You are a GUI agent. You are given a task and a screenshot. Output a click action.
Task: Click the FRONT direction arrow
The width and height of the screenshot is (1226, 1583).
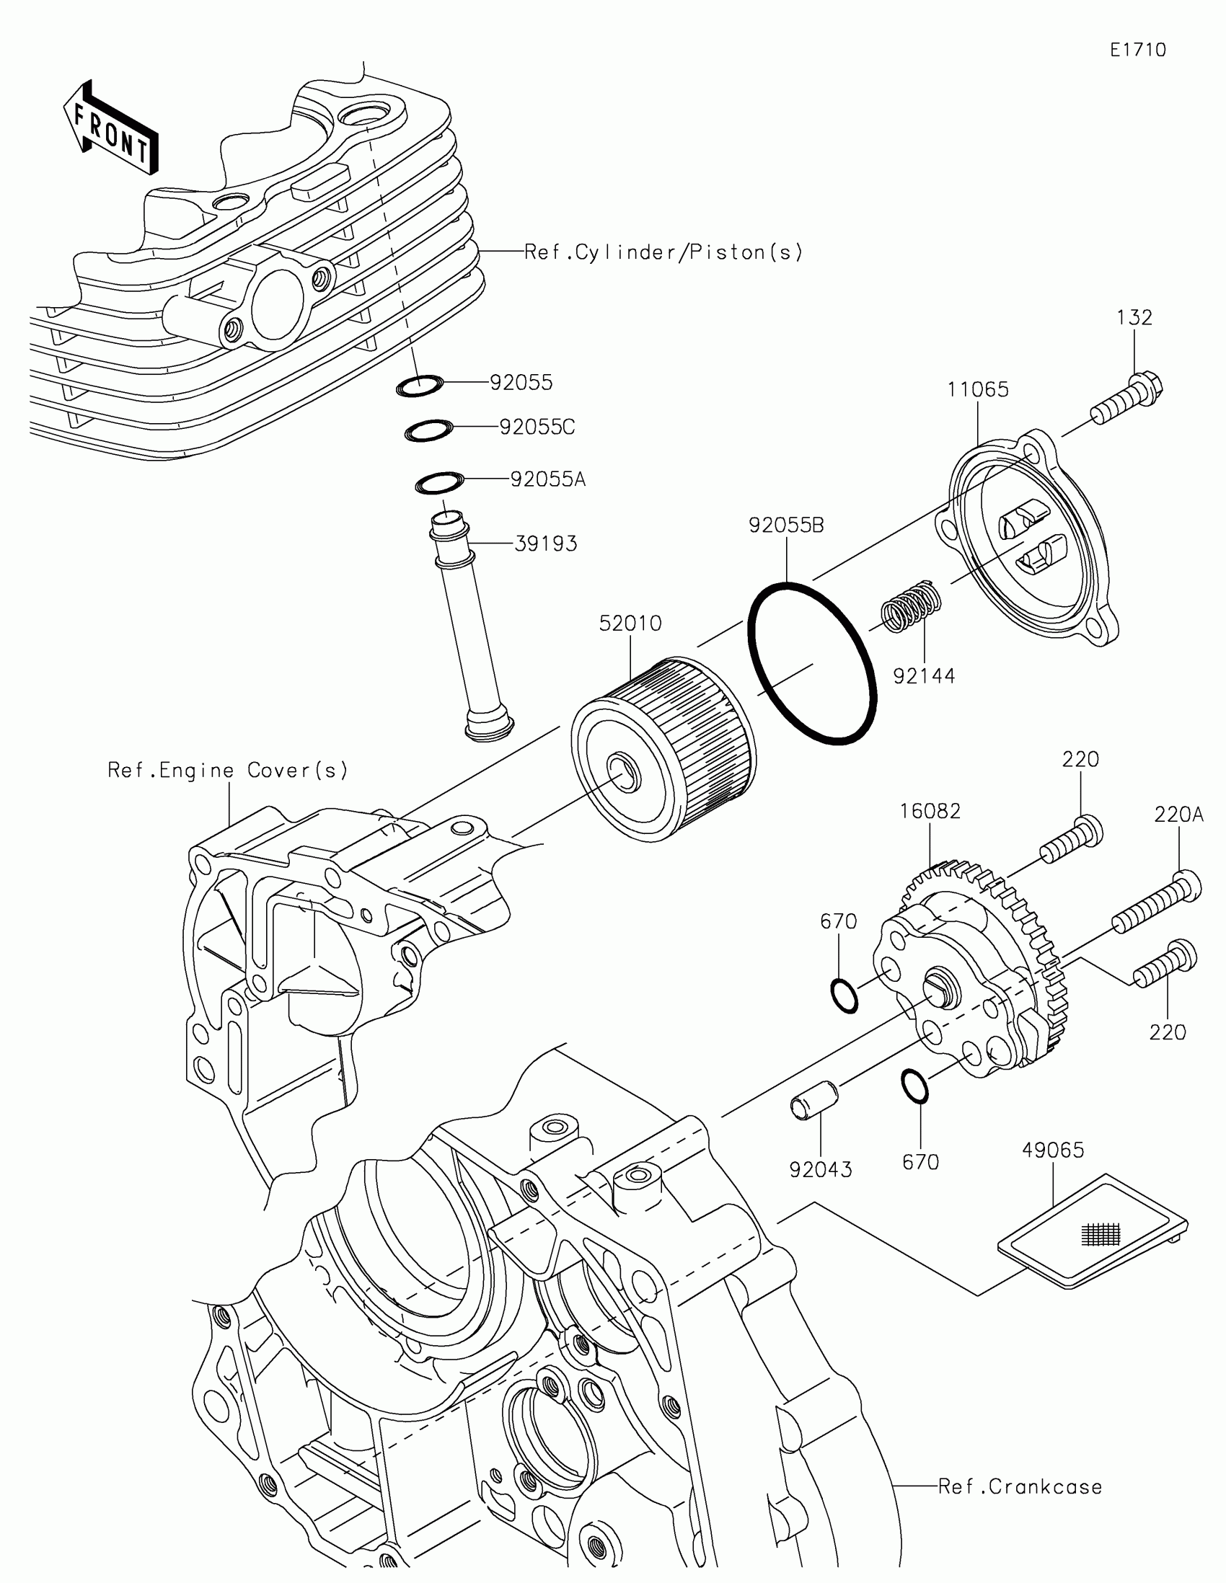pos(110,128)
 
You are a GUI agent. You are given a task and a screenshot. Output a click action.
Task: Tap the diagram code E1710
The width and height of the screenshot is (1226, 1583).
pos(1137,50)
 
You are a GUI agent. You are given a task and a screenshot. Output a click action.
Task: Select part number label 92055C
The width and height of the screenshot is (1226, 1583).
pos(537,427)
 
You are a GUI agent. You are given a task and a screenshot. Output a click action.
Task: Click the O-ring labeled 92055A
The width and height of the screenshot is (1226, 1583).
pos(438,483)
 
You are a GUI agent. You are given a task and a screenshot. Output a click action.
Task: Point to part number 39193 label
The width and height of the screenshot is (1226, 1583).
pos(545,544)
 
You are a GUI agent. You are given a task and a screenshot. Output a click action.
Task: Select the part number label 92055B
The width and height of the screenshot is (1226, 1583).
pos(786,525)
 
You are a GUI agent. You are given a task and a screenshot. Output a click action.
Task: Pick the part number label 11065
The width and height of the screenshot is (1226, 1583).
pos(977,390)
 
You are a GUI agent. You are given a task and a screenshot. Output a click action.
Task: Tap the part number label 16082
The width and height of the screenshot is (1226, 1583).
pos(930,811)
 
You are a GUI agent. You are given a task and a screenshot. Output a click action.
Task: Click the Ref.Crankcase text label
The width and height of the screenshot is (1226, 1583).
pos(1019,1486)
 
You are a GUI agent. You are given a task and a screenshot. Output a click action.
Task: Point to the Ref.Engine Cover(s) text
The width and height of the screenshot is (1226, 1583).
pos(228,770)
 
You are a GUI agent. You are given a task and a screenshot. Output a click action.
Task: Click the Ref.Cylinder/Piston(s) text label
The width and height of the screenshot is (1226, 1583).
pos(663,252)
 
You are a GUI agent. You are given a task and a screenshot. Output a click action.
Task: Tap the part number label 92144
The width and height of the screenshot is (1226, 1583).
pos(924,676)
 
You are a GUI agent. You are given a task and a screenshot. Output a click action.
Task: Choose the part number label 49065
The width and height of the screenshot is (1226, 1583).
pos(1053,1150)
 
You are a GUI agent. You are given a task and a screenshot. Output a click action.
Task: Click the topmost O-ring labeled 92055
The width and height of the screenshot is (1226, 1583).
pos(420,387)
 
